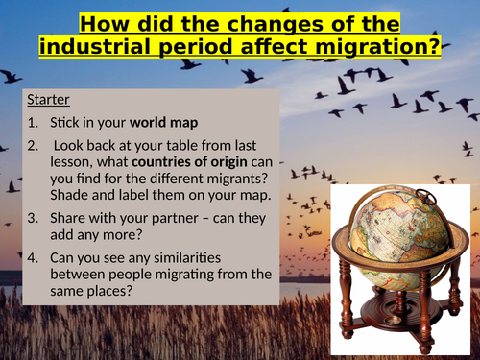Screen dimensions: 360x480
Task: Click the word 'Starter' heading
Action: click(x=48, y=100)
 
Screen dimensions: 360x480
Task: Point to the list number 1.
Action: click(x=34, y=124)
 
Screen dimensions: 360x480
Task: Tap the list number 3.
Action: click(x=34, y=217)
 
